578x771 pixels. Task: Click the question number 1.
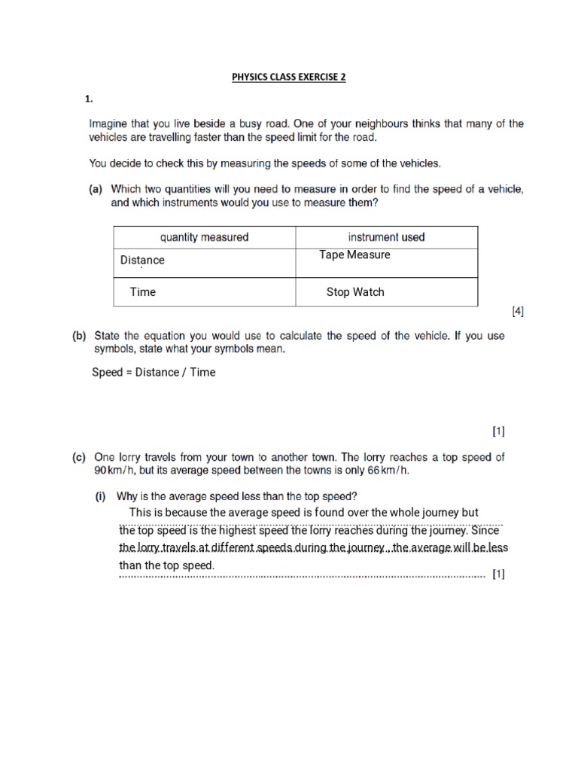88,99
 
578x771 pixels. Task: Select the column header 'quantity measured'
204,237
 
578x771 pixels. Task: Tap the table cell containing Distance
142,261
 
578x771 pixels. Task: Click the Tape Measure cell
354,255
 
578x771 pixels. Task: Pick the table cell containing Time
142,292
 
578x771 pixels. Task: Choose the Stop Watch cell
354,292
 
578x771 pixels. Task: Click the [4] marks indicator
517,311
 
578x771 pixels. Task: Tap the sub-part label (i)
102,496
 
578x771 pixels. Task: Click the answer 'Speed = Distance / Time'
154,372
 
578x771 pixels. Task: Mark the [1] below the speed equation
498,431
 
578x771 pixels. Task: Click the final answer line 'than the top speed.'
167,565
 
